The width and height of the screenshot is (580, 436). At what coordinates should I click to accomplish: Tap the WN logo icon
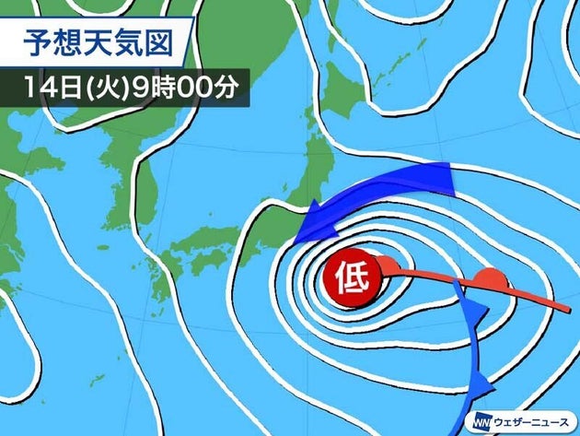pyautogui.click(x=482, y=419)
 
